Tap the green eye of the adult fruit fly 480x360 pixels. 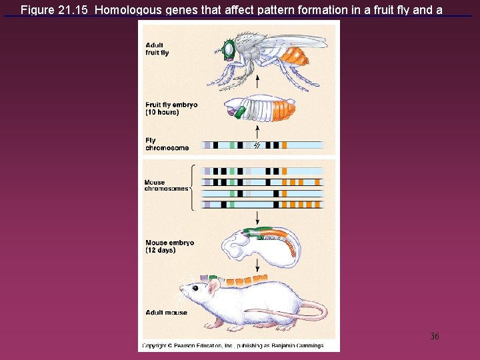point(229,49)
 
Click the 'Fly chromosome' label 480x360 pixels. point(167,144)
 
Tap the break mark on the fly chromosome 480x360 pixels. point(257,145)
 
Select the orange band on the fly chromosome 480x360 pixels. point(284,145)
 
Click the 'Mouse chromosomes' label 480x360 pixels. point(167,185)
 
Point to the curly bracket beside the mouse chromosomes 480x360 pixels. point(193,187)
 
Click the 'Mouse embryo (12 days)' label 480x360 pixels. point(169,247)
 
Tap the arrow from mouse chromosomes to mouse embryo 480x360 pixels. point(257,218)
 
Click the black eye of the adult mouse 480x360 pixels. point(194,287)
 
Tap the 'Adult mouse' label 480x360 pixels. point(166,312)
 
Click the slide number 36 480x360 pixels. point(435,336)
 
